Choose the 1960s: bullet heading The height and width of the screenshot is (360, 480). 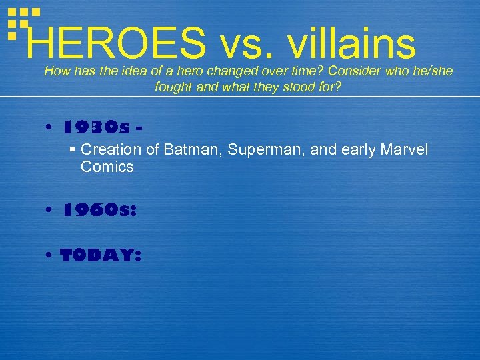(100, 210)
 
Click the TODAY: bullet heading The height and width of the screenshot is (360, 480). (100, 256)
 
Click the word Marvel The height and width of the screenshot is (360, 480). (405, 150)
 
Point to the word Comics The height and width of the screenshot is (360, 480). (107, 167)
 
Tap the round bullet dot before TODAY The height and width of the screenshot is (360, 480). (51, 257)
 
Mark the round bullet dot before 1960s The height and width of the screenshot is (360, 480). (51, 211)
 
